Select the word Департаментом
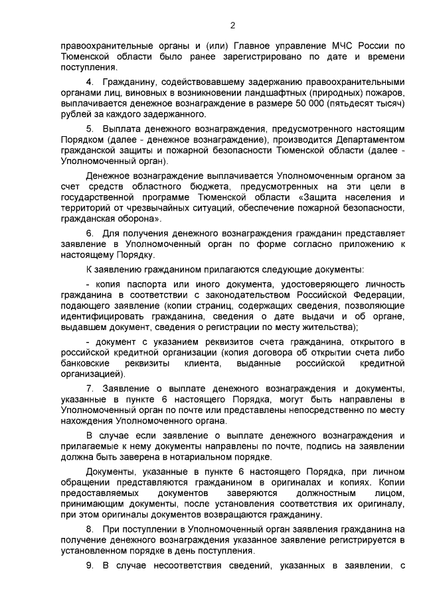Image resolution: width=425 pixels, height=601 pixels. [x=369, y=138]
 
